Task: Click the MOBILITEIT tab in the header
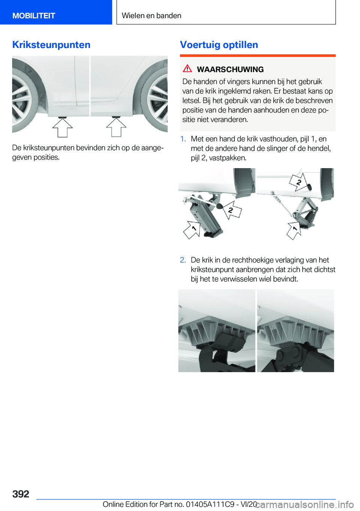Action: pyautogui.click(x=34, y=16)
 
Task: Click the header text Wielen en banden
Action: pyautogui.click(x=151, y=16)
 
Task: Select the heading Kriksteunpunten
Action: pyautogui.click(x=51, y=45)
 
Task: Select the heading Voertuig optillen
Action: pyautogui.click(x=219, y=45)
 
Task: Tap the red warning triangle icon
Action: pyautogui.click(x=187, y=69)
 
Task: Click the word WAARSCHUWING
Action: pyautogui.click(x=230, y=69)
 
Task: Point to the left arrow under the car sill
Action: pyautogui.click(x=62, y=128)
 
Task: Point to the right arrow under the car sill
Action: pyautogui.click(x=116, y=128)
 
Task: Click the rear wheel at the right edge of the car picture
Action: pyautogui.click(x=159, y=99)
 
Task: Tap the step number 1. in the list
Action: pyautogui.click(x=183, y=139)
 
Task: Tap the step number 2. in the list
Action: pyautogui.click(x=183, y=260)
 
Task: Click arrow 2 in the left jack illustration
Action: pyautogui.click(x=232, y=210)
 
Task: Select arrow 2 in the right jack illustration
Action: pyautogui.click(x=298, y=182)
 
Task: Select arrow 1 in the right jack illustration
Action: pyautogui.click(x=294, y=230)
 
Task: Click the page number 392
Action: pyautogui.click(x=21, y=494)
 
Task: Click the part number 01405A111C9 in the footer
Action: pyautogui.click(x=210, y=504)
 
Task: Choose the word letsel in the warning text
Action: pyautogui.click(x=191, y=101)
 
